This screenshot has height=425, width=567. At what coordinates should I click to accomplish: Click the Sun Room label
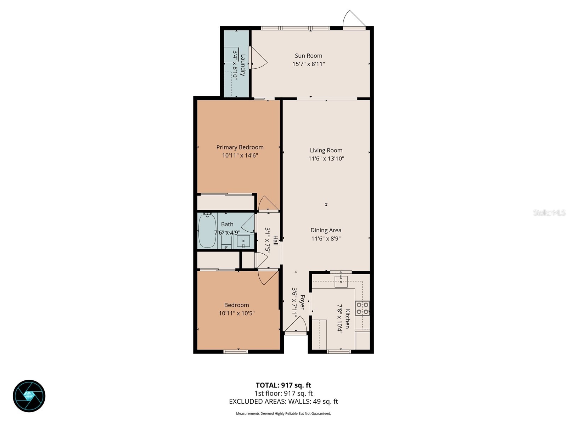click(308, 56)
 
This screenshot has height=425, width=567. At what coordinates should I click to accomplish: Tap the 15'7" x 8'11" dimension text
click(308, 64)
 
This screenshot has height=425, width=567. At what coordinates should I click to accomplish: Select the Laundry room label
click(243, 65)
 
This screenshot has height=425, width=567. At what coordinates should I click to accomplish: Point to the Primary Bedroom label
click(240, 147)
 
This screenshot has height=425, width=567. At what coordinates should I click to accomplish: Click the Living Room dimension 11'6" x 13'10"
click(326, 159)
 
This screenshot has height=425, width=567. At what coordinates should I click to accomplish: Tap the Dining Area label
click(326, 230)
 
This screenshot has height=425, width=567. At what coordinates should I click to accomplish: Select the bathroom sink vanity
click(243, 242)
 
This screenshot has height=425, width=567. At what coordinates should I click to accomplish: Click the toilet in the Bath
click(226, 242)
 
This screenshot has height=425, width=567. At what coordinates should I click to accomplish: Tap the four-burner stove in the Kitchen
click(363, 308)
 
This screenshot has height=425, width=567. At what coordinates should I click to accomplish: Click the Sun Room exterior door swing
click(354, 19)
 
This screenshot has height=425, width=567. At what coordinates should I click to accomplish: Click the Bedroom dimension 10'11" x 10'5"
click(237, 313)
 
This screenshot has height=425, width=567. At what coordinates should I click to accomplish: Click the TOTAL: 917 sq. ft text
click(283, 385)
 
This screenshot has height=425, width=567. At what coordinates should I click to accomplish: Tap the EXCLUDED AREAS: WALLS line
click(283, 402)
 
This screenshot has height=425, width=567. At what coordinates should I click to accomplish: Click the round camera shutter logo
click(29, 396)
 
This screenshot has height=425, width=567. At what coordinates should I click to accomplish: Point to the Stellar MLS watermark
click(549, 213)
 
